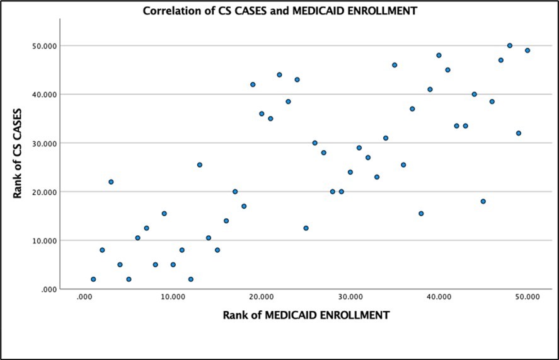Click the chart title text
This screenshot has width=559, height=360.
tap(280, 11)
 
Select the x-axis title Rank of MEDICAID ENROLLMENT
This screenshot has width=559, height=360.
tap(306, 314)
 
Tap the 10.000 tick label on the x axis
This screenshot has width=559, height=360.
tap(173, 297)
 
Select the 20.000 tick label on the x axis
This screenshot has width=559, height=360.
tap(262, 297)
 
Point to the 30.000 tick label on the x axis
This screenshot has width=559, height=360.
tap(350, 297)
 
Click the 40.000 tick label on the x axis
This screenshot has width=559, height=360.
tap(439, 297)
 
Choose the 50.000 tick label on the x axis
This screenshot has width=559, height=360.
tap(527, 297)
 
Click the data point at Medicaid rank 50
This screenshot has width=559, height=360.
tap(527, 50)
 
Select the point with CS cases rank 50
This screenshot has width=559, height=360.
tap(510, 45)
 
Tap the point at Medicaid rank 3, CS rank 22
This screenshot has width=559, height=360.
tap(111, 182)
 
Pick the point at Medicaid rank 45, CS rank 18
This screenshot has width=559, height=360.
tap(483, 201)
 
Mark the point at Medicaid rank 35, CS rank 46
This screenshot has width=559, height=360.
tap(395, 65)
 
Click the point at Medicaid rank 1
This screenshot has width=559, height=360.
tap(93, 279)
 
